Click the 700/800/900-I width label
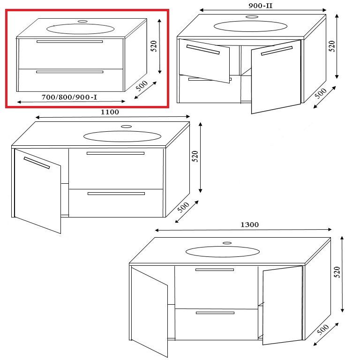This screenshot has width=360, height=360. [x=69, y=97]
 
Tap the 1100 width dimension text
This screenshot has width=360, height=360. [x=110, y=112]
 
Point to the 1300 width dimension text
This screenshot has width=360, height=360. [x=249, y=225]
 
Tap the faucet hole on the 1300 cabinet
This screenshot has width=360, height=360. [x=227, y=243]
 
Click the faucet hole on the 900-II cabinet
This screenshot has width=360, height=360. [x=252, y=16]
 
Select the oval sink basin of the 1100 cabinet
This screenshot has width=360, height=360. [x=122, y=136]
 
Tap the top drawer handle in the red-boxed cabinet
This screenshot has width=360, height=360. [x=69, y=42]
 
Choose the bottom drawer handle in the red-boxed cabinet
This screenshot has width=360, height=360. [x=69, y=72]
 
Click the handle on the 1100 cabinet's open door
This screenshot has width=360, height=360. [x=37, y=162]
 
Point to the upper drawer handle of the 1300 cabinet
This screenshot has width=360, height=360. [x=214, y=270]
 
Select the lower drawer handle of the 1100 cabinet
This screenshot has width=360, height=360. [x=116, y=193]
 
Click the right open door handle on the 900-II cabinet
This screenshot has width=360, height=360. [x=277, y=51]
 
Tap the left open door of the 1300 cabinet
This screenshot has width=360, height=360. [x=150, y=310]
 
